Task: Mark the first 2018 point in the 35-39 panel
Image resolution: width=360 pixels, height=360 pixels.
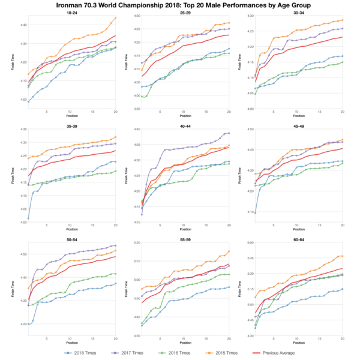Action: click(28, 218)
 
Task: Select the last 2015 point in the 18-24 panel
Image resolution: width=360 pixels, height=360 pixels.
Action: click(116, 17)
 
